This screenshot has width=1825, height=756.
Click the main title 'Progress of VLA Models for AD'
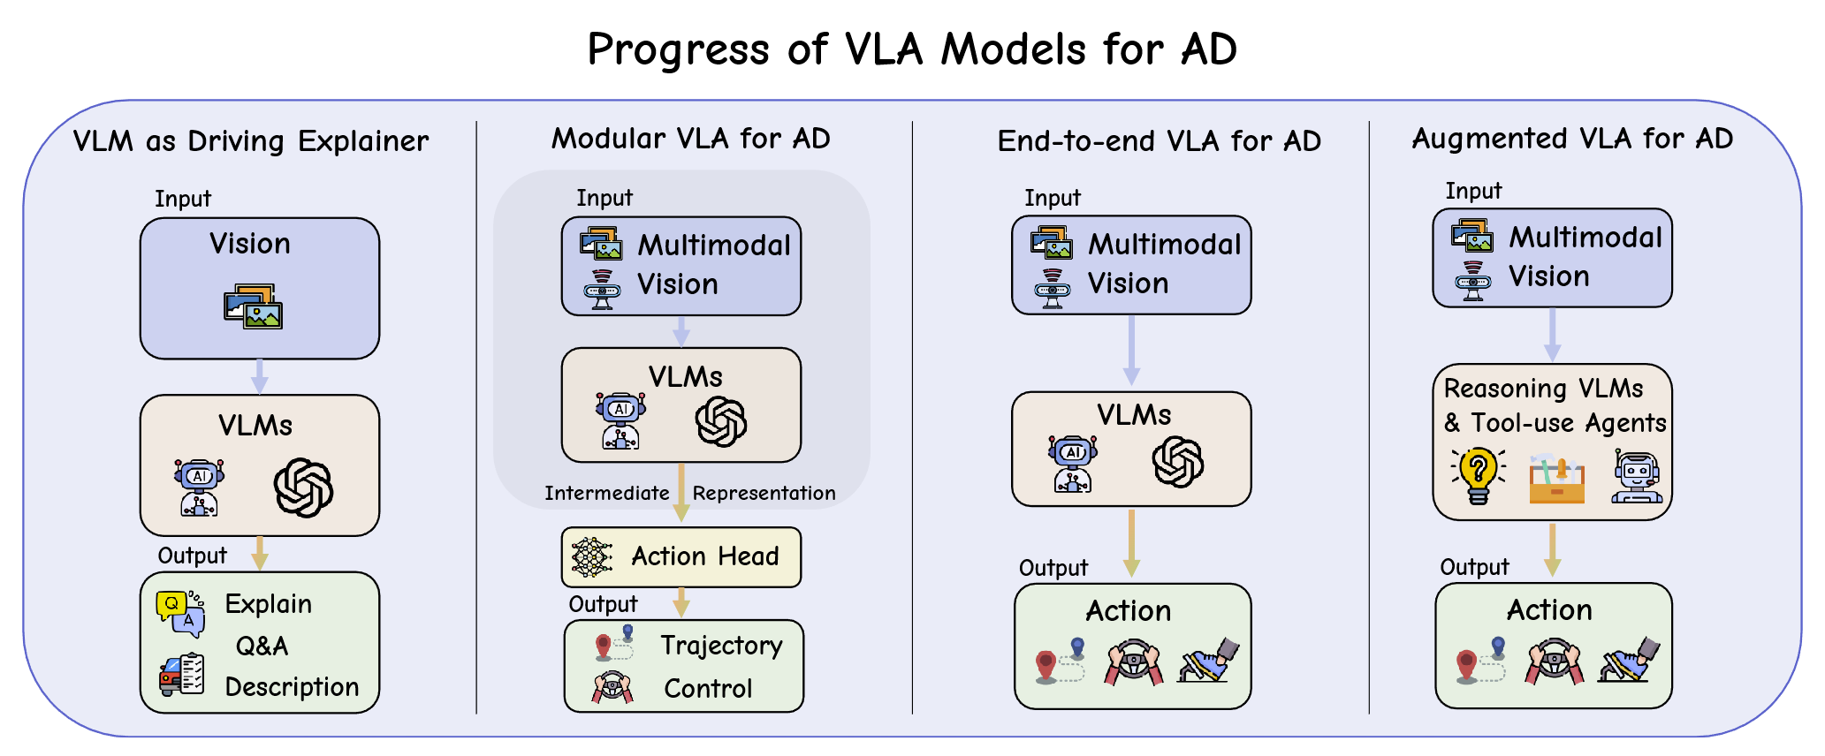[912, 49]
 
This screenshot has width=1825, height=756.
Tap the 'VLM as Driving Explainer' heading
[251, 141]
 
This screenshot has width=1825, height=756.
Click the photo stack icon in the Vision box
[253, 306]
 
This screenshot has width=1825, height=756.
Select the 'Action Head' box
[681, 557]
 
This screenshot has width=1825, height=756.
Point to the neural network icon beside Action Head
[591, 557]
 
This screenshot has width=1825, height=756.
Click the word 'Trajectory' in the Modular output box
[721, 646]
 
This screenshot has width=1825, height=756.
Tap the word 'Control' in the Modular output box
[708, 689]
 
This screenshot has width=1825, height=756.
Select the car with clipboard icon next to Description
[181, 676]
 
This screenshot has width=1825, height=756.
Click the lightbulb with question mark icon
[1478, 475]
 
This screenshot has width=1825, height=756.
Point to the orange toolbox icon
[1556, 480]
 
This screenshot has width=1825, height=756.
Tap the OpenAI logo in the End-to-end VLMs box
[1177, 461]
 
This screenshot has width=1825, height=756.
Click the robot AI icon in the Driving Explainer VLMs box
[200, 487]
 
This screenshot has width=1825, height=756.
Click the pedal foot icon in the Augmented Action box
[1629, 660]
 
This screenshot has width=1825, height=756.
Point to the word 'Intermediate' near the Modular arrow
[606, 494]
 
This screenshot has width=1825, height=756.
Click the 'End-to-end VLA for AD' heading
[1159, 141]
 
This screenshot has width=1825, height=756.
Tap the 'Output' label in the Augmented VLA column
[1474, 568]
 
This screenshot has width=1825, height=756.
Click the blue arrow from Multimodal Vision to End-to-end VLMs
[1131, 350]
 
